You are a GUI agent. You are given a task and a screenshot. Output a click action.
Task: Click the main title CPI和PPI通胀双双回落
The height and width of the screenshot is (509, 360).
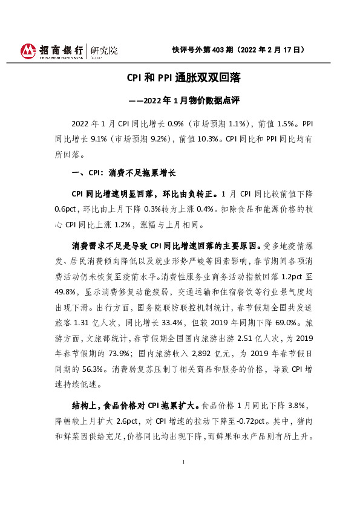pos(179,78)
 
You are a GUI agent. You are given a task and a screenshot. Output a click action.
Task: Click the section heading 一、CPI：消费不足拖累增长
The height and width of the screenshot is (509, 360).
pos(123,172)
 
